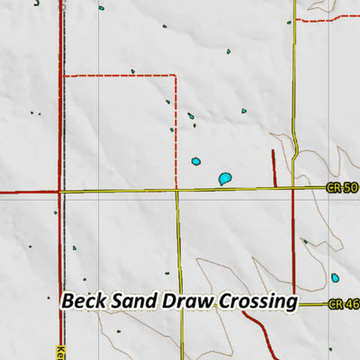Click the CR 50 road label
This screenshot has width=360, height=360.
(x=341, y=187)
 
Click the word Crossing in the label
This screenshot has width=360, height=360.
(x=256, y=301)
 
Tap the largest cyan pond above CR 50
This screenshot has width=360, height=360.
(x=225, y=178)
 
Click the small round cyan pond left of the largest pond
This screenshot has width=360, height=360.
(x=195, y=162)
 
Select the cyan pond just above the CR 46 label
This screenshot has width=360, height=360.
(x=335, y=278)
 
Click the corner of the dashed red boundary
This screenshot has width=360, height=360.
(x=175, y=76)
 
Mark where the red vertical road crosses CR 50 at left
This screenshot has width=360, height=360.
(x=60, y=191)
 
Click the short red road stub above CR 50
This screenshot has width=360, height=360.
(x=274, y=168)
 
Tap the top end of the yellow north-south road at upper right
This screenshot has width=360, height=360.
(x=294, y=4)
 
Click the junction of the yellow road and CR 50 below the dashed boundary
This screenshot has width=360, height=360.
(x=176, y=190)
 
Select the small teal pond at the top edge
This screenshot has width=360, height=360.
(x=101, y=8)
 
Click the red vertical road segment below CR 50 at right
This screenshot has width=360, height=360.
(x=293, y=243)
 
